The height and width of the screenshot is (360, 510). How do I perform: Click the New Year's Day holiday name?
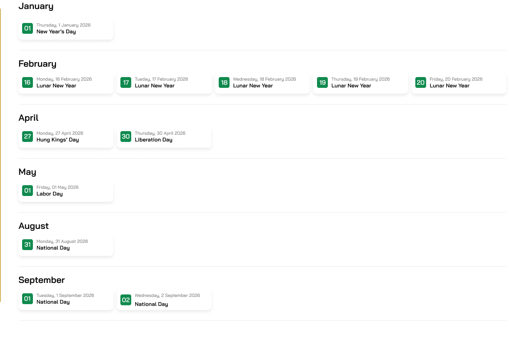coord(56,32)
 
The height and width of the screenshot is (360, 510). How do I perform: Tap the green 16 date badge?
coord(28,82)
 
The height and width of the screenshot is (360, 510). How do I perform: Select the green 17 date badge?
coord(126,82)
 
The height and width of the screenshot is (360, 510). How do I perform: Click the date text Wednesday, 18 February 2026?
coord(264,79)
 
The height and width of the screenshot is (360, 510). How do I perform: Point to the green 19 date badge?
coord(322,82)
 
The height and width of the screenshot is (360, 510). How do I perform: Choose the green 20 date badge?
coord(421,82)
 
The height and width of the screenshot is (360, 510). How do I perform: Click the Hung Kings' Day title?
coord(58,140)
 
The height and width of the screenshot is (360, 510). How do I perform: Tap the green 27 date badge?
coord(28,137)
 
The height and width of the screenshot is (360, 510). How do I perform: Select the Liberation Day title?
coord(153,140)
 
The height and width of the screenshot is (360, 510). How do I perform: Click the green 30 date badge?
coord(126,137)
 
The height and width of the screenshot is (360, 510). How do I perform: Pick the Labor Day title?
coord(50,194)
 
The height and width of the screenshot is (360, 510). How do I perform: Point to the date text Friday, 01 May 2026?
coord(57,187)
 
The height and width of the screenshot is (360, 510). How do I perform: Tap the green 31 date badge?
coord(28,245)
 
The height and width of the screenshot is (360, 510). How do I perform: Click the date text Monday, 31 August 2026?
coord(62,242)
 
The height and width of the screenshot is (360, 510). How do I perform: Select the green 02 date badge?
coord(126,300)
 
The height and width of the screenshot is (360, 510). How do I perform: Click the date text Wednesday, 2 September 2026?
coord(167,296)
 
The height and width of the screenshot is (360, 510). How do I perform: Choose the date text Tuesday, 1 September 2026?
coord(65,296)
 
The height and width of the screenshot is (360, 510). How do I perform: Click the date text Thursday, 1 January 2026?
coord(64,25)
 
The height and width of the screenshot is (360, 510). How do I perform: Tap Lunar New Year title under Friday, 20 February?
coord(449,86)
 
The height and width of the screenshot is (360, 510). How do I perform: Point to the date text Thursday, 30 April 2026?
coord(160,133)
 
